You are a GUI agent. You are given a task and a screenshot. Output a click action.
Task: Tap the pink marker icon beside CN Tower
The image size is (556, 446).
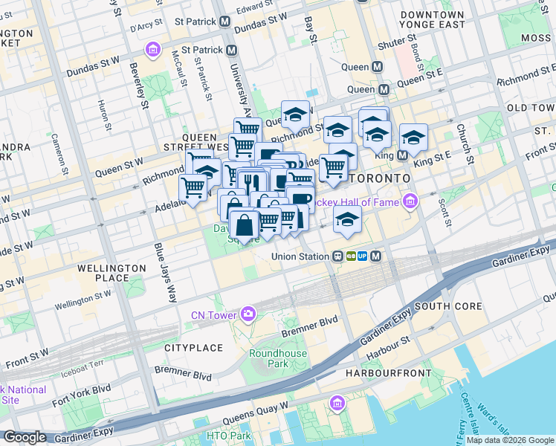click(x=248, y=313)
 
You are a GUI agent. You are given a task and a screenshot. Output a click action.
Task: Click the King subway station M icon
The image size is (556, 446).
click(x=402, y=155)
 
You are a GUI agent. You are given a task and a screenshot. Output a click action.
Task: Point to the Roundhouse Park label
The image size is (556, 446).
click(x=268, y=358)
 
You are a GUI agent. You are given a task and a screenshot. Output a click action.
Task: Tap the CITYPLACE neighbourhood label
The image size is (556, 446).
click(x=193, y=347)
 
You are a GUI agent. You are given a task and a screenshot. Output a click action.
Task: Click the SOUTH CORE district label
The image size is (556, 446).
click(x=448, y=306)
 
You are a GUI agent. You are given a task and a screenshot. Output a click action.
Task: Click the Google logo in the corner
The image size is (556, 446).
click(x=25, y=437)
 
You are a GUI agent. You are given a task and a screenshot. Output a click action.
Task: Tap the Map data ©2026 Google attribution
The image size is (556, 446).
click(x=509, y=440)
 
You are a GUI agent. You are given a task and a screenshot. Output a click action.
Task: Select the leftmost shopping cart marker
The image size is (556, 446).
click(x=193, y=187)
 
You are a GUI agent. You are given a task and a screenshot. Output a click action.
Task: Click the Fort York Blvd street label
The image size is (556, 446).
click(x=82, y=390)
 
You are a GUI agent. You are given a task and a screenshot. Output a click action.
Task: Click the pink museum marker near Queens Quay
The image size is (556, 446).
click(x=337, y=404)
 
